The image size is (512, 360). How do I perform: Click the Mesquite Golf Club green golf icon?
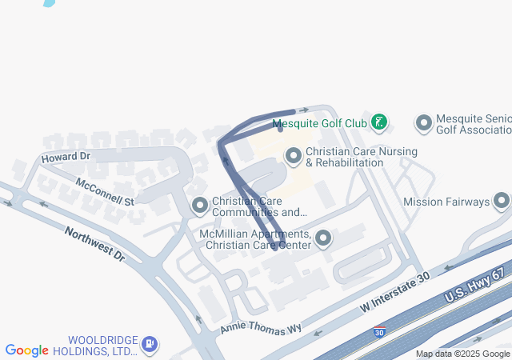tap(380, 123)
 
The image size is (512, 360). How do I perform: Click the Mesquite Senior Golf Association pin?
tap(423, 123)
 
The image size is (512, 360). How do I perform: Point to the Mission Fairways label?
tap(446, 202)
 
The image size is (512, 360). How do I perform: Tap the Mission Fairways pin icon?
tap(502, 201)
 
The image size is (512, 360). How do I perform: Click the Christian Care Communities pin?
tap(199, 206)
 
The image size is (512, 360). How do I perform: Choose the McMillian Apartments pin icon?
tap(323, 238)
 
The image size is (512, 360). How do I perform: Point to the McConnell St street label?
tap(105, 190)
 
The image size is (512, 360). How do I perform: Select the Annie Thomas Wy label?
tap(261, 328)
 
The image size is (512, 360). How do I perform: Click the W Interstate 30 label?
tap(395, 292)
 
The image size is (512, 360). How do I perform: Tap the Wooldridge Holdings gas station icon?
tap(149, 345)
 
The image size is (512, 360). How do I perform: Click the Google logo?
tap(27, 350)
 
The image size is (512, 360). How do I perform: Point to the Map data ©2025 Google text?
tap(462, 354)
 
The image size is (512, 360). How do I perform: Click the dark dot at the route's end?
tap(279, 130)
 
